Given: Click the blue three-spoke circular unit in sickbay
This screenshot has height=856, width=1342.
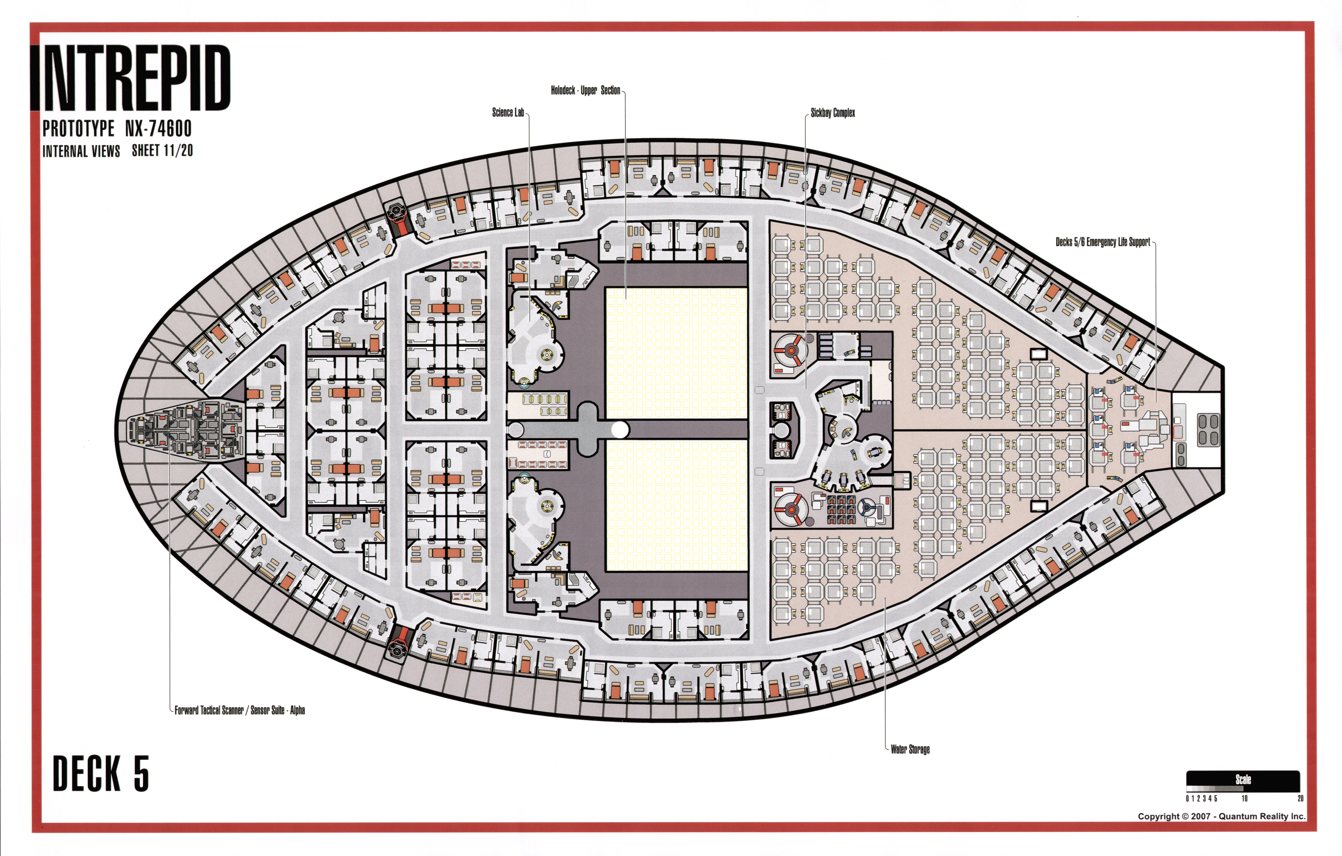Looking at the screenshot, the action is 867,507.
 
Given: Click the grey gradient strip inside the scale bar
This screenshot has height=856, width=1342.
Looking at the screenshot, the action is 1215,788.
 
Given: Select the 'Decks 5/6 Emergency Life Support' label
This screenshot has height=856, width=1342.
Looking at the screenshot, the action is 1103,242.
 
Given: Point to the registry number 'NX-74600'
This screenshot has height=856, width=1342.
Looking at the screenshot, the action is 158,129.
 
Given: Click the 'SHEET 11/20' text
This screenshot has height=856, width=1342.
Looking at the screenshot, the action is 162,150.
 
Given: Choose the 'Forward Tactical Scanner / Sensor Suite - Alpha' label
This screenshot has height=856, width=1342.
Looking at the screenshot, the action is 240,710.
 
